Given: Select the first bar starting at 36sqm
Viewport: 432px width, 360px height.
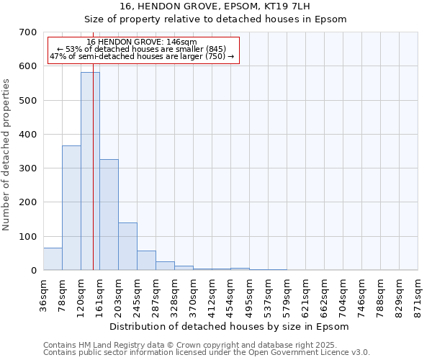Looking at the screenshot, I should (x=53, y=259).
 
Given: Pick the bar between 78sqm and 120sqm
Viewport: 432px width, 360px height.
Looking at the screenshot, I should (x=71, y=208).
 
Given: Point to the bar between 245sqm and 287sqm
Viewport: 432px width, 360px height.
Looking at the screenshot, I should (x=146, y=261).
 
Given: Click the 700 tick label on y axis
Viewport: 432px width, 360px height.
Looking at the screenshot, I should (x=28, y=32).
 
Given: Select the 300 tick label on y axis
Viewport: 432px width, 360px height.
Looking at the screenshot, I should (x=28, y=168).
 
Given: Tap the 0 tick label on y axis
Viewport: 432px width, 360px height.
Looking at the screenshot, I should (x=34, y=271).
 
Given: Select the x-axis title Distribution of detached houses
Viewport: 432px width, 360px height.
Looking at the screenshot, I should (x=230, y=326).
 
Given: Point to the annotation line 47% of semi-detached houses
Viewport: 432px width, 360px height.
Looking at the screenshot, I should (x=142, y=56).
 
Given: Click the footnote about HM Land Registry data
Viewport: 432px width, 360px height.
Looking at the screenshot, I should (x=206, y=345).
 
